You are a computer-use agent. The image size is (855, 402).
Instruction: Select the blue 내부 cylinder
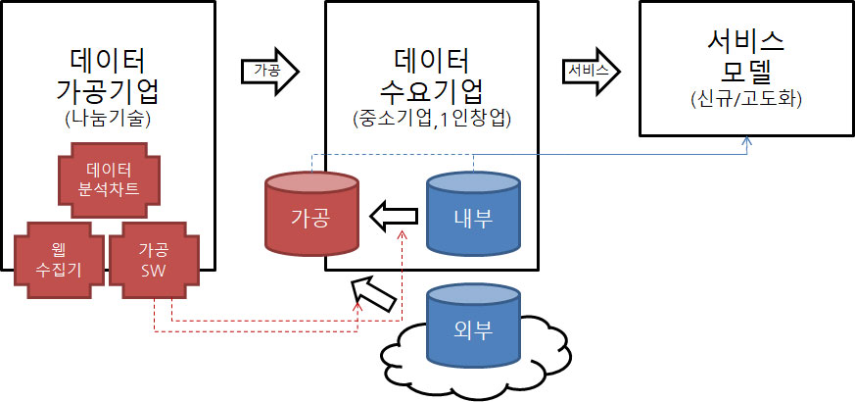tap(473, 215)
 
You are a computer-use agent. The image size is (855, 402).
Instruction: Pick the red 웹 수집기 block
tap(55, 258)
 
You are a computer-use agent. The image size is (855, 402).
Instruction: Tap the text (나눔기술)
tap(108, 123)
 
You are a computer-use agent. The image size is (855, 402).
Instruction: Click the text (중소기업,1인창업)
tap(433, 120)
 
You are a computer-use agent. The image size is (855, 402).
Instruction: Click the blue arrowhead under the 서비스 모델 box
tap(747, 142)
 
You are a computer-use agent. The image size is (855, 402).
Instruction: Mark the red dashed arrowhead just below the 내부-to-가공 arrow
tap(402, 235)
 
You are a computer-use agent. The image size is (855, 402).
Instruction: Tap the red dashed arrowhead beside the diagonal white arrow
tap(358, 306)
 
